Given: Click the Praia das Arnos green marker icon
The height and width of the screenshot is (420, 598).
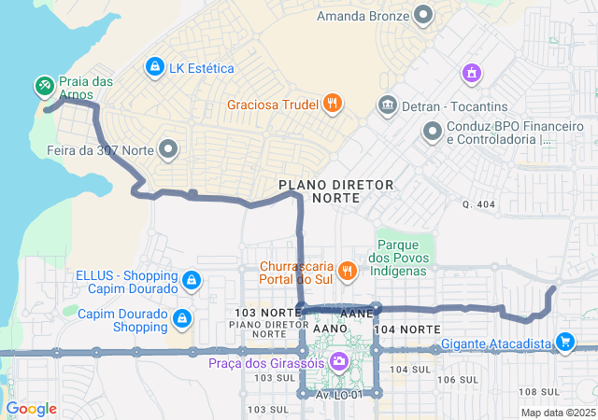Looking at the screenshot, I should pos(44,87).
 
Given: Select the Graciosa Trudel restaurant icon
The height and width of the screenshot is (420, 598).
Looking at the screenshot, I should pos(332,105).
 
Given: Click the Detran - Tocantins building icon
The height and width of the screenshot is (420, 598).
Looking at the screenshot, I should pos(387,105).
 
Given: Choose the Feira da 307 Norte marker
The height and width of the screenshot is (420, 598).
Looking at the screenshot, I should pos(169,148).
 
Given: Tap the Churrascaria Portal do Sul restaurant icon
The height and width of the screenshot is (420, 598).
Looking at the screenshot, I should pos(347,271).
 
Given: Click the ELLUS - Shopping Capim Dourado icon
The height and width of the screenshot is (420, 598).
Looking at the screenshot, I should pos(192,280).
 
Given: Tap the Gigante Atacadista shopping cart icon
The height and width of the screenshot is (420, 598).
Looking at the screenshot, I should pos(564,343).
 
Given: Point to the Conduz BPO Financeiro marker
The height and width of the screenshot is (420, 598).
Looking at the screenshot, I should pos(432,132).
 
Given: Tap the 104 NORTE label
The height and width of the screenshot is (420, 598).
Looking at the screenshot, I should pos(406,330).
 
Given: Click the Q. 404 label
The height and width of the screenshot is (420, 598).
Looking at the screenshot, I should pos(478,203).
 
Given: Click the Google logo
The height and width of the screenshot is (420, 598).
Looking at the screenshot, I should pos(32,409).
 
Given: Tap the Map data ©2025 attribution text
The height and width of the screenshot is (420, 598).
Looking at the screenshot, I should pos(558,413).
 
